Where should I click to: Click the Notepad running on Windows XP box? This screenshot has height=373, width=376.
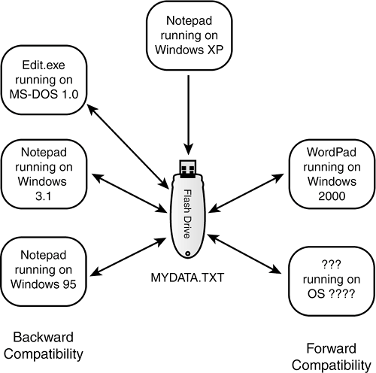click(x=190, y=35)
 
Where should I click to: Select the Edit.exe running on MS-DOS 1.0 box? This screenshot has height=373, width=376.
click(x=44, y=80)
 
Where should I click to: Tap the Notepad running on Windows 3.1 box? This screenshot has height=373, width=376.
click(x=44, y=174)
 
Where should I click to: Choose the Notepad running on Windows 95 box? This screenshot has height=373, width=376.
click(x=44, y=271)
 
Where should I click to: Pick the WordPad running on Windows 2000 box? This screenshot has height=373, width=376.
click(x=332, y=174)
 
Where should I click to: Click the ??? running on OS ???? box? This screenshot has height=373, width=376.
click(x=332, y=281)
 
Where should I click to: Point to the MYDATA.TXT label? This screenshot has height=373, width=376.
click(x=187, y=277)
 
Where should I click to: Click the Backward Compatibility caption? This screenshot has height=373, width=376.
click(x=44, y=345)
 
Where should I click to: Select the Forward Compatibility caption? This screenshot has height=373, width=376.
click(x=332, y=356)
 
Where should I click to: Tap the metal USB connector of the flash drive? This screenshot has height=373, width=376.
click(x=188, y=168)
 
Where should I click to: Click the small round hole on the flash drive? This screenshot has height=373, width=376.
click(x=187, y=253)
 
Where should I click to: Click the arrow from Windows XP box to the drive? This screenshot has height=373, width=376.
click(x=188, y=115)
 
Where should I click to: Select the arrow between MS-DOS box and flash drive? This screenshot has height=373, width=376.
click(x=128, y=147)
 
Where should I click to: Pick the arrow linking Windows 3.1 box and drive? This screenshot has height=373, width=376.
click(x=130, y=193)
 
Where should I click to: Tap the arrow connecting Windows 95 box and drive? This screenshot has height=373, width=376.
click(x=128, y=257)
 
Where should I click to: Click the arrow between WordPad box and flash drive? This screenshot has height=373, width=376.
click(x=246, y=193)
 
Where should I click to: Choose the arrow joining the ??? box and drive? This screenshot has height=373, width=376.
click(x=244, y=254)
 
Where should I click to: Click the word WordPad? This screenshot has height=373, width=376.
click(x=332, y=152)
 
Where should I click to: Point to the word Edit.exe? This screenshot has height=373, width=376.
click(x=44, y=65)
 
